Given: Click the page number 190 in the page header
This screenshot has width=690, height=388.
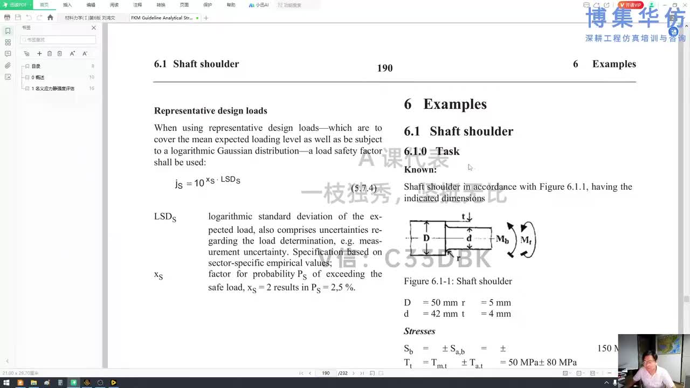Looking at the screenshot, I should tap(385, 68).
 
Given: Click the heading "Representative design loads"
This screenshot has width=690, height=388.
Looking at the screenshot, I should tap(210, 111).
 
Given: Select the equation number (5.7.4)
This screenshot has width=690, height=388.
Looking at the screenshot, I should tap(364, 189).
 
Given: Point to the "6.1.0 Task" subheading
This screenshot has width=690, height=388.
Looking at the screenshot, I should tap(432, 151).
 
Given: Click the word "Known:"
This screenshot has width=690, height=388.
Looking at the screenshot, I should tap(420, 170).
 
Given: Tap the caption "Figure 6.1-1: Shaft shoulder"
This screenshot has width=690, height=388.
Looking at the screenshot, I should tap(458, 281).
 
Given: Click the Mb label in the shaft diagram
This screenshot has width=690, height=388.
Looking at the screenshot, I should tap(502, 239).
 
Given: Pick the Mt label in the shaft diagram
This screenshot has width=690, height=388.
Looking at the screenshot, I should tap(526, 240).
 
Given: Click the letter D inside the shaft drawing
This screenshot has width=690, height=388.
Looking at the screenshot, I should tap(426, 238).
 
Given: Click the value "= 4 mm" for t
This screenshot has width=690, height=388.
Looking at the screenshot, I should tap(495, 314).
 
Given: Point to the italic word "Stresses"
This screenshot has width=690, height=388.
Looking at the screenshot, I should tap(419, 331).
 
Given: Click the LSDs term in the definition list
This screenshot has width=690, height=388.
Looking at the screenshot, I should tap(165, 217).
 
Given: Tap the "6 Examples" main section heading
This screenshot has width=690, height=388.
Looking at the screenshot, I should tap(445, 105).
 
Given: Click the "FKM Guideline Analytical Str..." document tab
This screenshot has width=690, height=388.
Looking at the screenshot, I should tap(162, 18).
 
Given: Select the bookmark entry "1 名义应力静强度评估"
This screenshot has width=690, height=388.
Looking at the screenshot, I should tap(53, 88).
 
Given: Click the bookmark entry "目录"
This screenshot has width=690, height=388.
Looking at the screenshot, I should tap(36, 66).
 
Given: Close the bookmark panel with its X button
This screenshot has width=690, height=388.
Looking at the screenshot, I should tap(93, 28).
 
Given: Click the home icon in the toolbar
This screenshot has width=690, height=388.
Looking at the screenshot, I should tap(50, 18).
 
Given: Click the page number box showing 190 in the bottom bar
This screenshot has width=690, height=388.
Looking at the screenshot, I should tap(326, 373).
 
